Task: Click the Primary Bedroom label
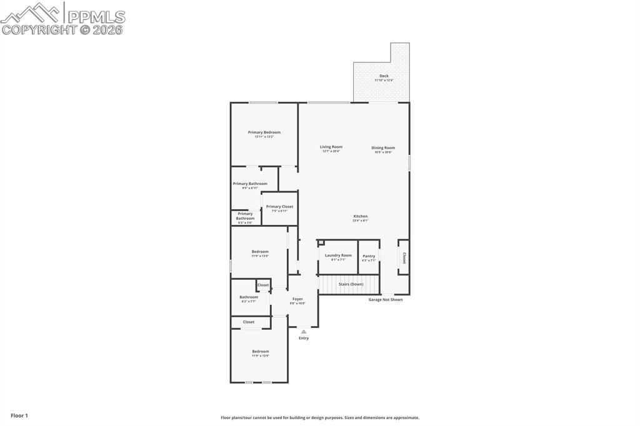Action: coord(264,132)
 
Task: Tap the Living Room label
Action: coord(331,147)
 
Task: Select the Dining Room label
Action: coord(383,148)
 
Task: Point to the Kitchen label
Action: coord(361,216)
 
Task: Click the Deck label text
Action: coord(384,76)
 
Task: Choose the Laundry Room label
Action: coord(338,255)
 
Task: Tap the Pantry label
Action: coord(369,256)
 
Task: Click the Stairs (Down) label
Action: coord(351,284)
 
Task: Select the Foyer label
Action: coord(297,299)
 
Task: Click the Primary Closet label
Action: coord(279,207)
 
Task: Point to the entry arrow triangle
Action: coord(304,332)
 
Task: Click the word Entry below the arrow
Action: coord(304,339)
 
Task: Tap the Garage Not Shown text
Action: coord(386,300)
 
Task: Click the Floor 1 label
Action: coord(19,415)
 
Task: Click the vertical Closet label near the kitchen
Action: coord(404,258)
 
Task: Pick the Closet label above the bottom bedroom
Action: coord(249,322)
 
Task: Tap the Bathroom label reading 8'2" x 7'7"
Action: coord(249,297)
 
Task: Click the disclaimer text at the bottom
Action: coord(319,418)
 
